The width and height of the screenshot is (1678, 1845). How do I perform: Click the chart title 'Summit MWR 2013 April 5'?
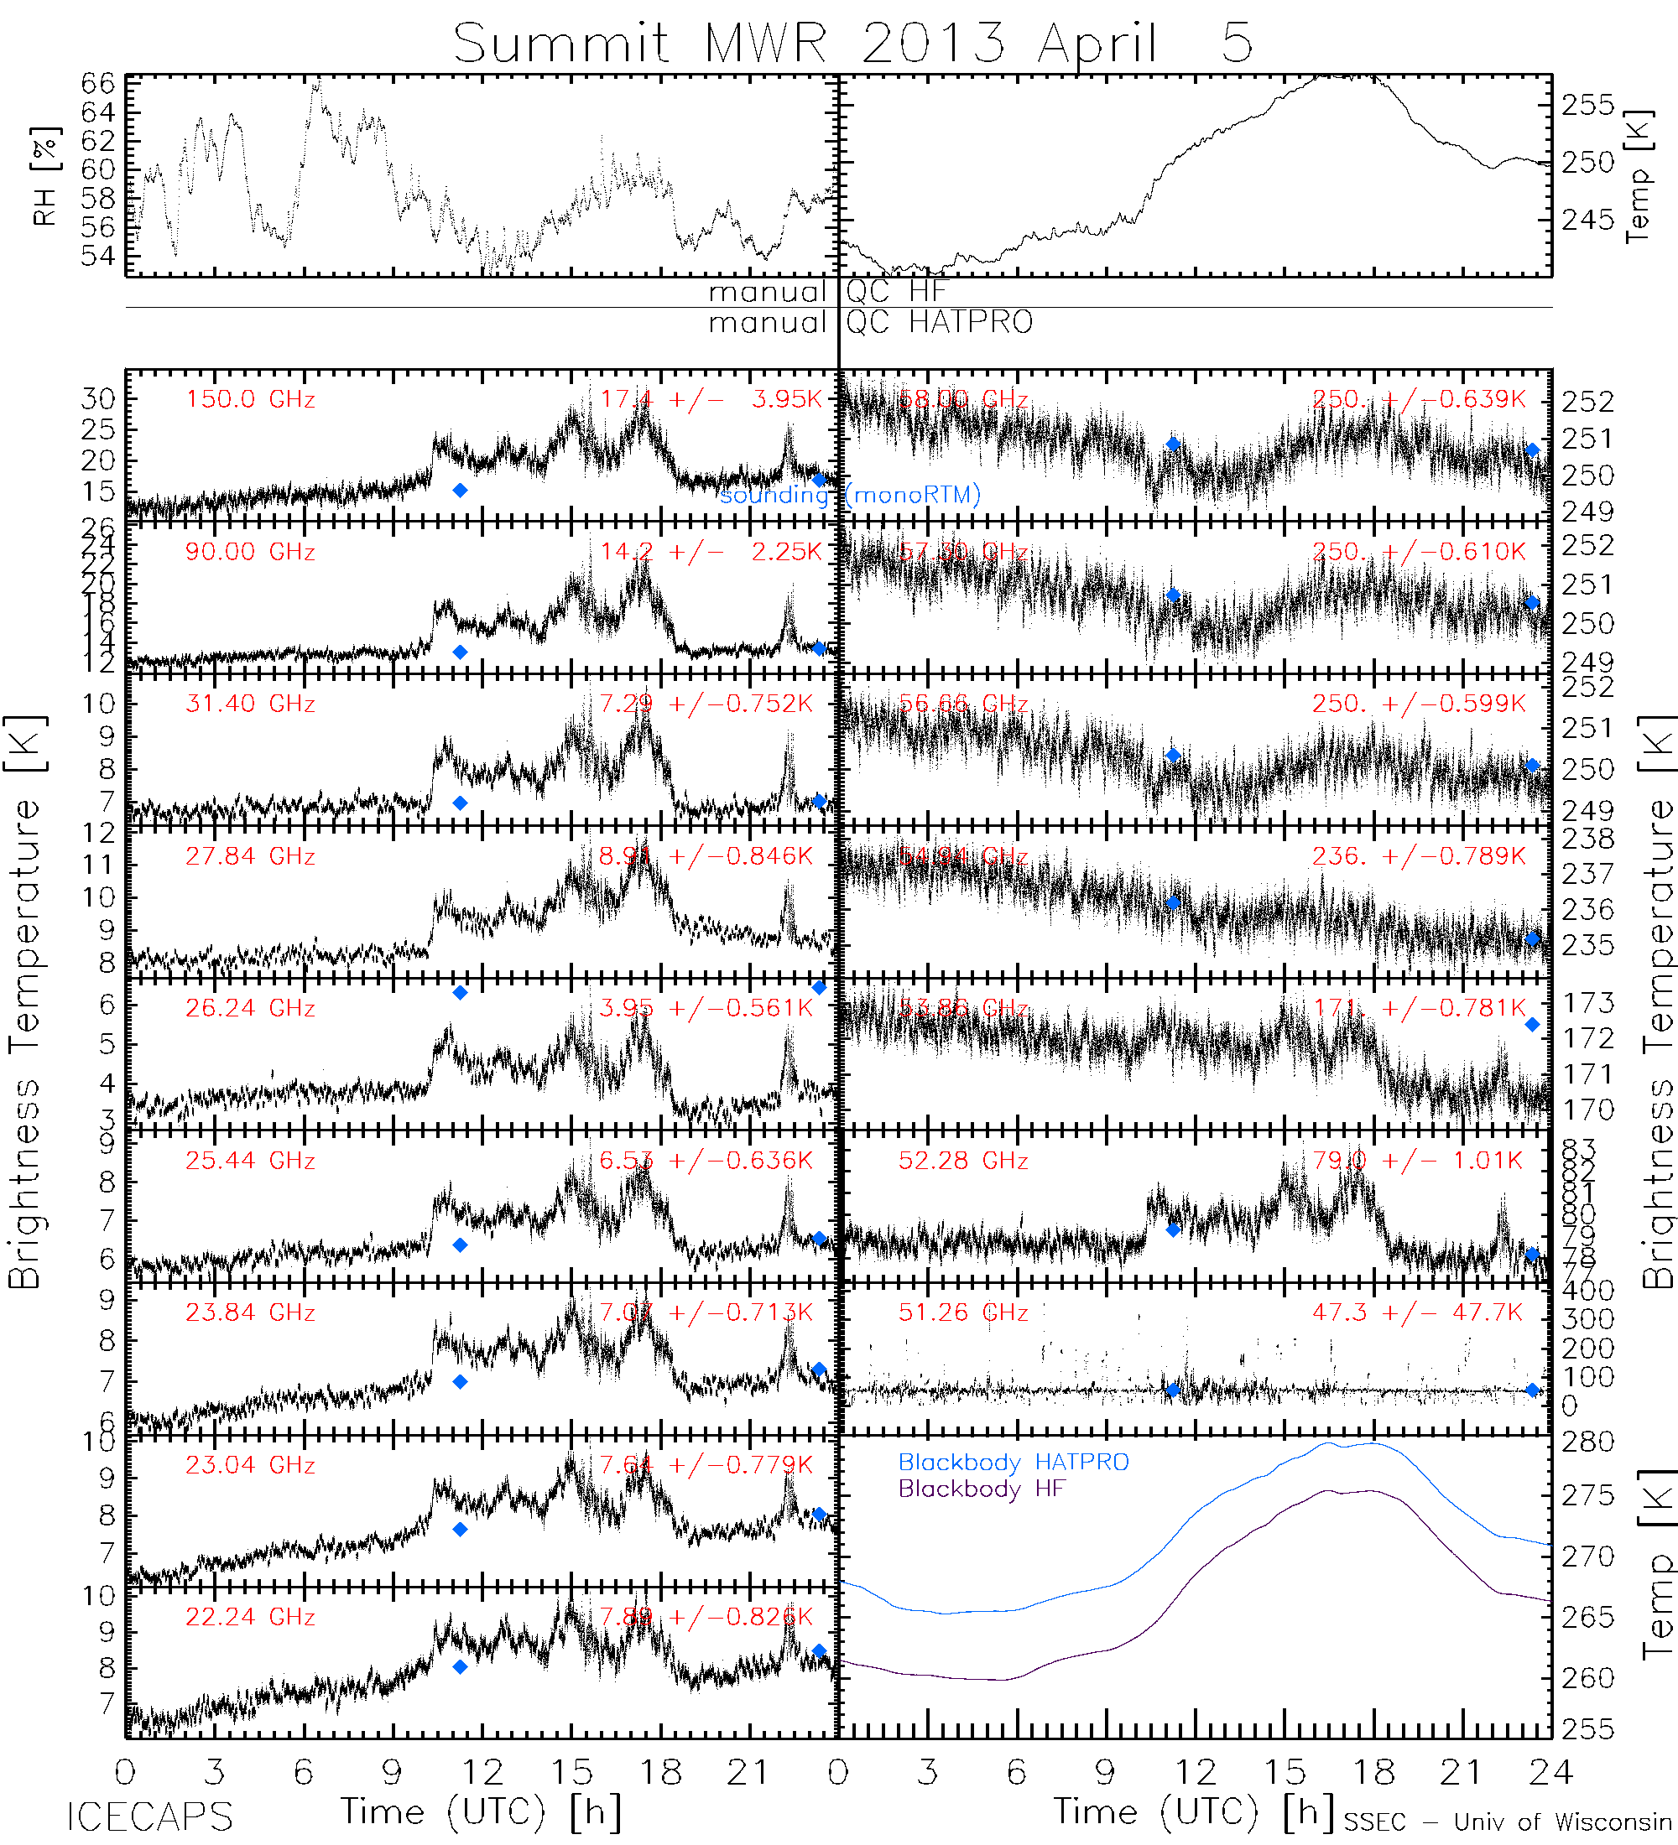click(x=852, y=42)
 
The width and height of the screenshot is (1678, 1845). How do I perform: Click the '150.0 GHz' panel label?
click(x=250, y=400)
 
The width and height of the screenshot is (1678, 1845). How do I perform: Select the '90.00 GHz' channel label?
click(x=250, y=552)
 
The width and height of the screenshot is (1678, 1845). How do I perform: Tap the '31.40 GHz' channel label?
click(x=250, y=704)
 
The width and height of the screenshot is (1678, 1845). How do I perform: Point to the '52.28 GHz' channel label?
click(x=963, y=1161)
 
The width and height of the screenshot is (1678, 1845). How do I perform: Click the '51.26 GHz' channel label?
click(x=963, y=1312)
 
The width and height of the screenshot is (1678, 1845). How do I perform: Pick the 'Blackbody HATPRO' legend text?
click(x=1014, y=1463)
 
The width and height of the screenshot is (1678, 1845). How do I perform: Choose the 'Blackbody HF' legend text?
click(x=982, y=1489)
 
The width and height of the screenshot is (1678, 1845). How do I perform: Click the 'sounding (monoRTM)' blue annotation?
click(x=850, y=495)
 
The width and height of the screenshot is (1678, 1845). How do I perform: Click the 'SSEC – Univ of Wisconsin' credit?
click(x=1507, y=1822)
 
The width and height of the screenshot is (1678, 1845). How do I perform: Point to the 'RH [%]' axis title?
click(x=44, y=176)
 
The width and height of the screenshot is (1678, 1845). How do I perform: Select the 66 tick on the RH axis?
click(x=98, y=84)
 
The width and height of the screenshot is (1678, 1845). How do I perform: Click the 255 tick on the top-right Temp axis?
click(x=1588, y=105)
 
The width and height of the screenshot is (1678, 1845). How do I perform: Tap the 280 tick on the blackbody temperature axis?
click(x=1588, y=1442)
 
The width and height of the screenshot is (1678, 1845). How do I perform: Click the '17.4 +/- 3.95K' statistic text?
click(x=711, y=399)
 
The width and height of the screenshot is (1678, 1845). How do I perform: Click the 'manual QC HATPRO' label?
click(x=870, y=322)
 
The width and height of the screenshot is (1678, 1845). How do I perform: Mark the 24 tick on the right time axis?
click(x=1550, y=1773)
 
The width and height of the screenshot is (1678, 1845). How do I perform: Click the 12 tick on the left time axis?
click(x=482, y=1773)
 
